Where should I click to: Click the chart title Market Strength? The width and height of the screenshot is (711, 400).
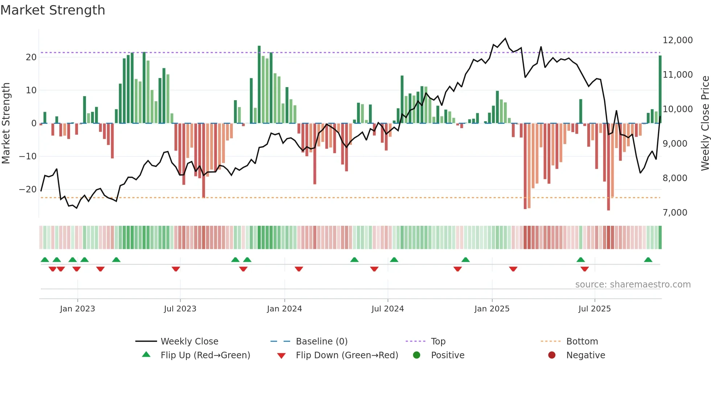click(53, 10)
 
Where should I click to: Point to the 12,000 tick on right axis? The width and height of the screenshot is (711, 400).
click(677, 40)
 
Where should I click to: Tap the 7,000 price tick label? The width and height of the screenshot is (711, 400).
click(675, 213)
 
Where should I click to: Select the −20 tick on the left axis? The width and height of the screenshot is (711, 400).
click(28, 189)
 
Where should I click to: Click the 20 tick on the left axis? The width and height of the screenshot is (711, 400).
click(31, 57)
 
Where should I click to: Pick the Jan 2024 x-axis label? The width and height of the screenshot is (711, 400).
click(284, 309)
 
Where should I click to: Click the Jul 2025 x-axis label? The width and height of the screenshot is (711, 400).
click(594, 309)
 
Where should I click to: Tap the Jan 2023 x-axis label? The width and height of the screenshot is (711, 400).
click(77, 309)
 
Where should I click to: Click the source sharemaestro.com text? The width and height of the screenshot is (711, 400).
click(633, 285)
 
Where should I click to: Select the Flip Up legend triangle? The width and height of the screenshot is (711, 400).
click(146, 355)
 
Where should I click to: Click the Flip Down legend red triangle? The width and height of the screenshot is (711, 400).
click(281, 356)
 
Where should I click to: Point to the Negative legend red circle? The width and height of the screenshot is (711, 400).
click(552, 355)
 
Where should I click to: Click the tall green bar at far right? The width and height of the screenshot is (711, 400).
click(660, 89)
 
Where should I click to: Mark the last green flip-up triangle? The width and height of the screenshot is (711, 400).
click(648, 260)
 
